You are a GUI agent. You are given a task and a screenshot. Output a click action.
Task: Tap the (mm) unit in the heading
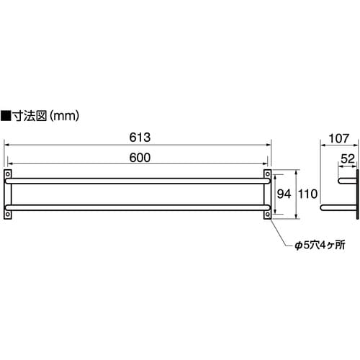point(64,114)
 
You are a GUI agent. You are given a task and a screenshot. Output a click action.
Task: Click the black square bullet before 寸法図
point(6,114)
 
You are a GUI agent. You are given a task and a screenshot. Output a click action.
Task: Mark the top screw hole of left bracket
point(8,174)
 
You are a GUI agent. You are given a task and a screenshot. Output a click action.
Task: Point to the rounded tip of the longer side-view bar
point(322,207)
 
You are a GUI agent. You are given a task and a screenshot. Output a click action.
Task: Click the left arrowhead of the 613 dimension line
point(6,144)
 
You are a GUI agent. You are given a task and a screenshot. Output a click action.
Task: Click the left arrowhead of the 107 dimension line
point(321,144)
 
